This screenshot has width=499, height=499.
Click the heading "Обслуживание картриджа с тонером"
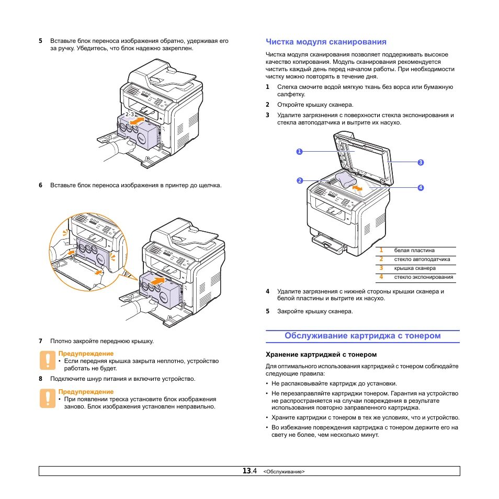pos(362,336)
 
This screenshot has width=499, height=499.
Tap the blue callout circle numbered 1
pos(299,152)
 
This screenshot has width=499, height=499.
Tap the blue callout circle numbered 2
pos(299,180)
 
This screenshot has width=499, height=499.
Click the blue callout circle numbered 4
pos(419,187)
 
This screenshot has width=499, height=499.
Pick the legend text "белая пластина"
pos(414,250)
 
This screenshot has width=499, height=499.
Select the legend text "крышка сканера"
pos(415,268)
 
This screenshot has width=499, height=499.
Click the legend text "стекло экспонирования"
pos(424,277)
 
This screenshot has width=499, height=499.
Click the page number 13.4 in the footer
pos(249,471)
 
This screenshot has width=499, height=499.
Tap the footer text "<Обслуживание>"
pos(284,472)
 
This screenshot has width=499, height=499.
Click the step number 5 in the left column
pos(40,41)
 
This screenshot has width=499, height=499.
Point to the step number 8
pos(40,379)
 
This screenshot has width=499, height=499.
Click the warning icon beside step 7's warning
pos(48,360)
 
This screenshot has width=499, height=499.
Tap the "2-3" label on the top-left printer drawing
pos(130,114)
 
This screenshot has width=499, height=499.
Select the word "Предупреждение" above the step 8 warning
pos(86,392)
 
